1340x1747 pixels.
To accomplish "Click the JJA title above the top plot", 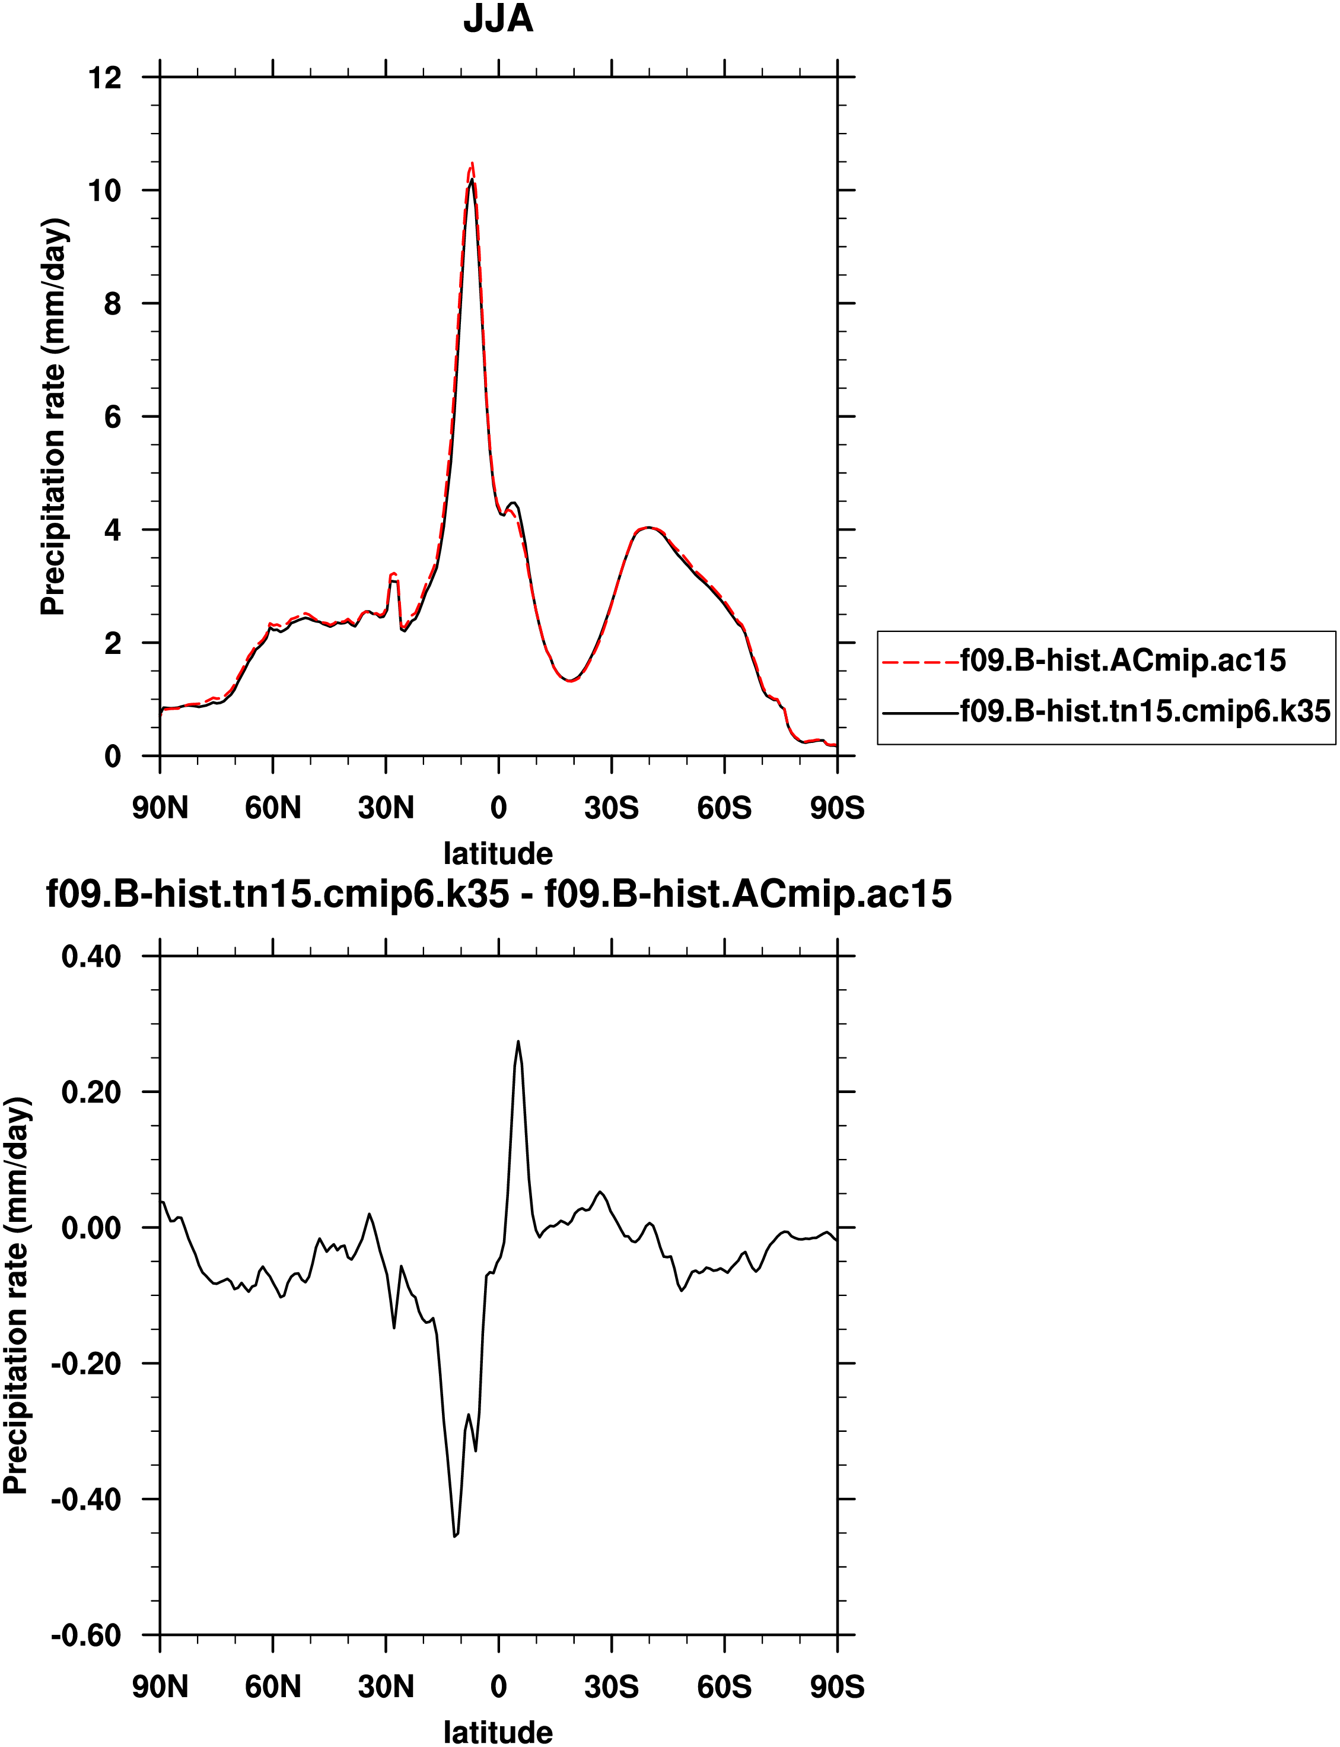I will pyautogui.click(x=498, y=19).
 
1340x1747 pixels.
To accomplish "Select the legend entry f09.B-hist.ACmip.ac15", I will pyautogui.click(x=1123, y=660).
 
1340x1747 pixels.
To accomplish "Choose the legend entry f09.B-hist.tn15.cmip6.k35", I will pyautogui.click(x=1145, y=710).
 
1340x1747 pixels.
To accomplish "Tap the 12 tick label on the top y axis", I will pyautogui.click(x=105, y=78).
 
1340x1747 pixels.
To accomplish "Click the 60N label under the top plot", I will pyautogui.click(x=273, y=808).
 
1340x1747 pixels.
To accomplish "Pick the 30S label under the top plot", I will pyautogui.click(x=612, y=808).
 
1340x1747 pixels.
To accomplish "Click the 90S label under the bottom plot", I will pyautogui.click(x=837, y=1686).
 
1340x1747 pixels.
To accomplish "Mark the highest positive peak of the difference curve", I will pyautogui.click(x=518, y=1042).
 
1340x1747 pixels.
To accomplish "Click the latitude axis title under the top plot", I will pyautogui.click(x=498, y=853).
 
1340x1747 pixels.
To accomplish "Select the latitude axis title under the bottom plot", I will pyautogui.click(x=498, y=1732).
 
